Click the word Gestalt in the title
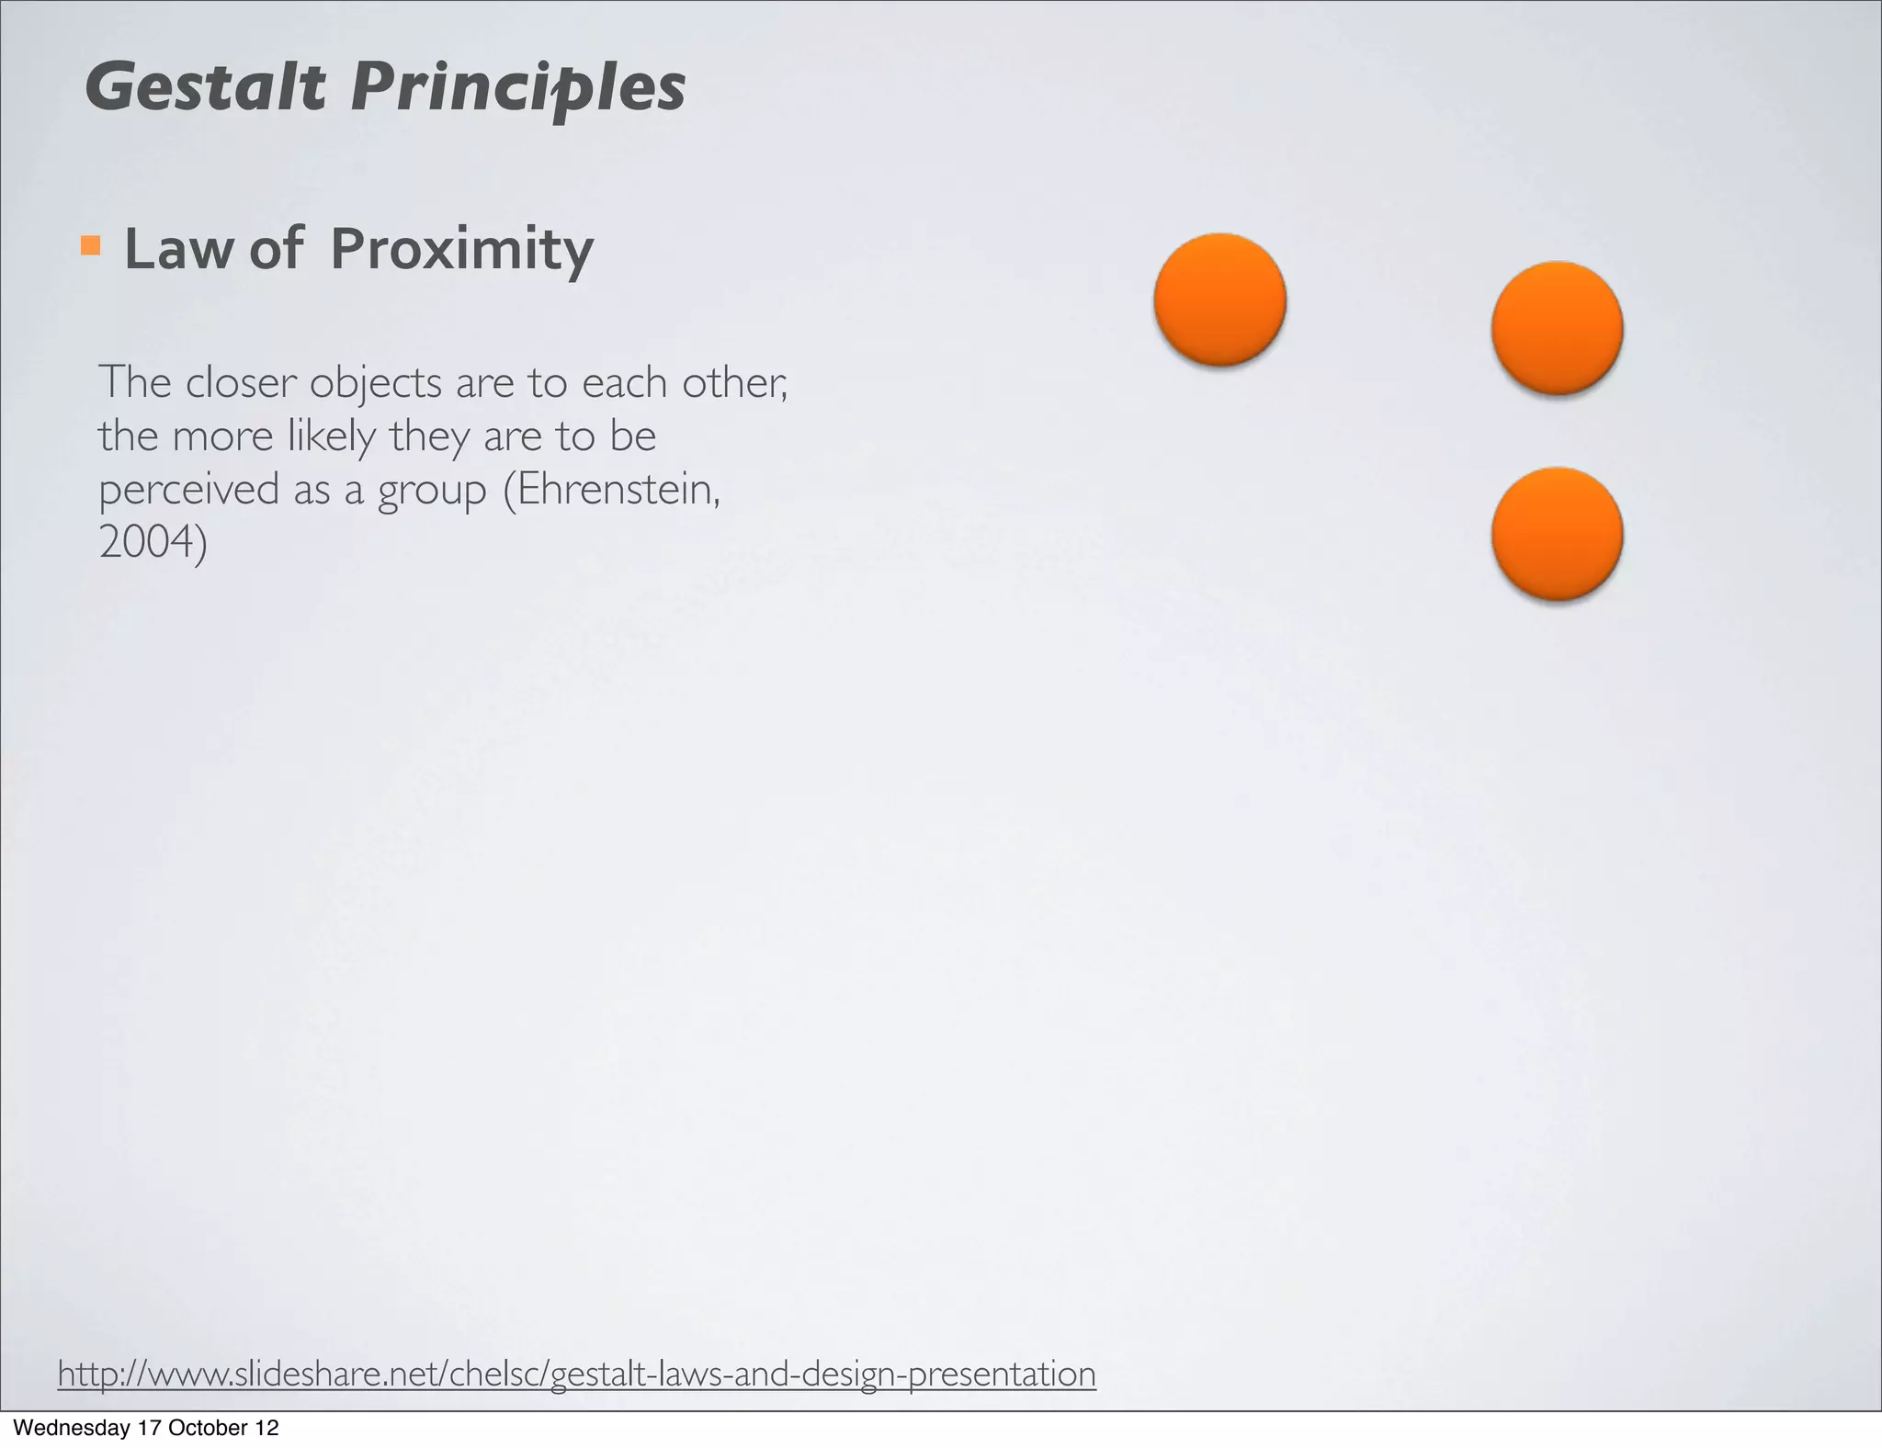click(205, 87)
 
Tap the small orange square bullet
click(90, 245)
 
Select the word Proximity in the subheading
click(461, 249)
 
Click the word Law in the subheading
click(177, 249)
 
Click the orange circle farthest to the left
click(1219, 300)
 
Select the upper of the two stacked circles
click(1557, 328)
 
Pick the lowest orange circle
click(1557, 534)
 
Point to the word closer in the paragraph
click(242, 382)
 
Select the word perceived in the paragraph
click(188, 490)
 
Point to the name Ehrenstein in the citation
click(618, 489)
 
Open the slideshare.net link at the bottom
click(576, 1374)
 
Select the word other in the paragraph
click(733, 382)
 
